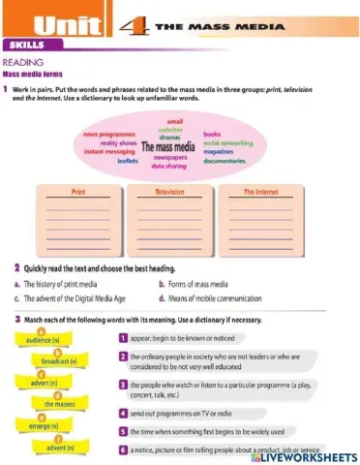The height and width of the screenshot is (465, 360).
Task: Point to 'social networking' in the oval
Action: pyautogui.click(x=228, y=142)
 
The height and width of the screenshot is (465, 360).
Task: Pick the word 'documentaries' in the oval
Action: pyautogui.click(x=225, y=160)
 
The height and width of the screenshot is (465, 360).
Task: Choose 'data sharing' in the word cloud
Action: pyautogui.click(x=170, y=166)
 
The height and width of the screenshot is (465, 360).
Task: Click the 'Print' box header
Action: pyautogui.click(x=78, y=192)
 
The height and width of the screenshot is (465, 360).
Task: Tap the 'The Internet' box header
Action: pyautogui.click(x=260, y=192)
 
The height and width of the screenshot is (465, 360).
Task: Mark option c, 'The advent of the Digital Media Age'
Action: pyautogui.click(x=78, y=298)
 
